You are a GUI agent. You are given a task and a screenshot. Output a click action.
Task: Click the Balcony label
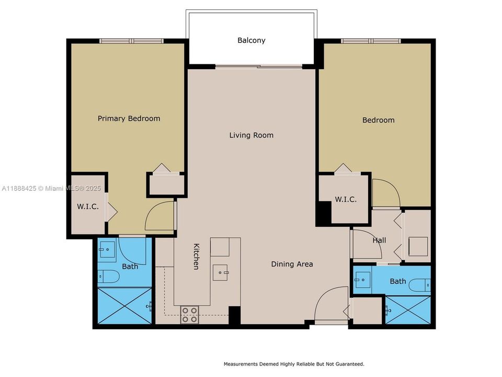tap(252, 40)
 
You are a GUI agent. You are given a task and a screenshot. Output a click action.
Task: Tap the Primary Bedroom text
tap(129, 119)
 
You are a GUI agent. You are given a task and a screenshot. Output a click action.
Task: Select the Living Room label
tap(252, 135)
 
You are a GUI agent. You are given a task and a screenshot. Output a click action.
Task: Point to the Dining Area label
tap(292, 264)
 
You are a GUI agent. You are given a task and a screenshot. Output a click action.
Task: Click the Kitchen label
tap(196, 257)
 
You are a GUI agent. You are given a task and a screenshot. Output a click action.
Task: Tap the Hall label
tap(379, 240)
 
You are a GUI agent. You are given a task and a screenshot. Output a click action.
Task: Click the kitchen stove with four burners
tap(189, 315)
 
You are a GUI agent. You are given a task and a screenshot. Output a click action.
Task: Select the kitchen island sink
tap(220, 272)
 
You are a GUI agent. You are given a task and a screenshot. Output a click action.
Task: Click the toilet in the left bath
tap(109, 276)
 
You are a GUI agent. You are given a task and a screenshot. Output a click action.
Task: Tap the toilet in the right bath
tap(420, 285)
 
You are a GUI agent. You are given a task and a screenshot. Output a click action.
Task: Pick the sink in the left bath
tap(107, 250)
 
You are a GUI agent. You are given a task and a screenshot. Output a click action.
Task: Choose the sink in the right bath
tap(362, 280)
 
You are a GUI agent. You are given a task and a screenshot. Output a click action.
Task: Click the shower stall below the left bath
tap(124, 306)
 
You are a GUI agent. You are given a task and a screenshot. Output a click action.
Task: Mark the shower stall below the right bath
tap(408, 310)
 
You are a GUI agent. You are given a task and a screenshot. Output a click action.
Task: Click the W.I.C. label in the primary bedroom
tap(88, 206)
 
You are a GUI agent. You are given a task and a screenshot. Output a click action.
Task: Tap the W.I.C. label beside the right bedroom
tap(346, 199)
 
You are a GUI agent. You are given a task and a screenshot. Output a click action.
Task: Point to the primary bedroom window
tap(131, 41)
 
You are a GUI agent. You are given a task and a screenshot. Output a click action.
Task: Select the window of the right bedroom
tap(371, 41)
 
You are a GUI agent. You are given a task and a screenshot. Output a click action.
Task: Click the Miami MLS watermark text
tap(52, 188)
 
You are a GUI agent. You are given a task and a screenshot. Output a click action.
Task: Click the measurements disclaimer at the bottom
tap(294, 364)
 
